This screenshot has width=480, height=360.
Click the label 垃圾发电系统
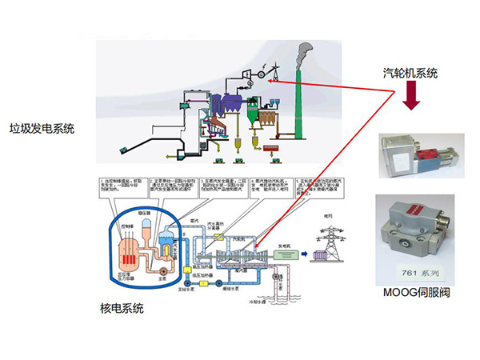[41, 127]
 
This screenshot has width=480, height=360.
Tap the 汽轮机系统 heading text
[410, 73]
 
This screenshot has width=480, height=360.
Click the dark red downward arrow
[411, 98]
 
